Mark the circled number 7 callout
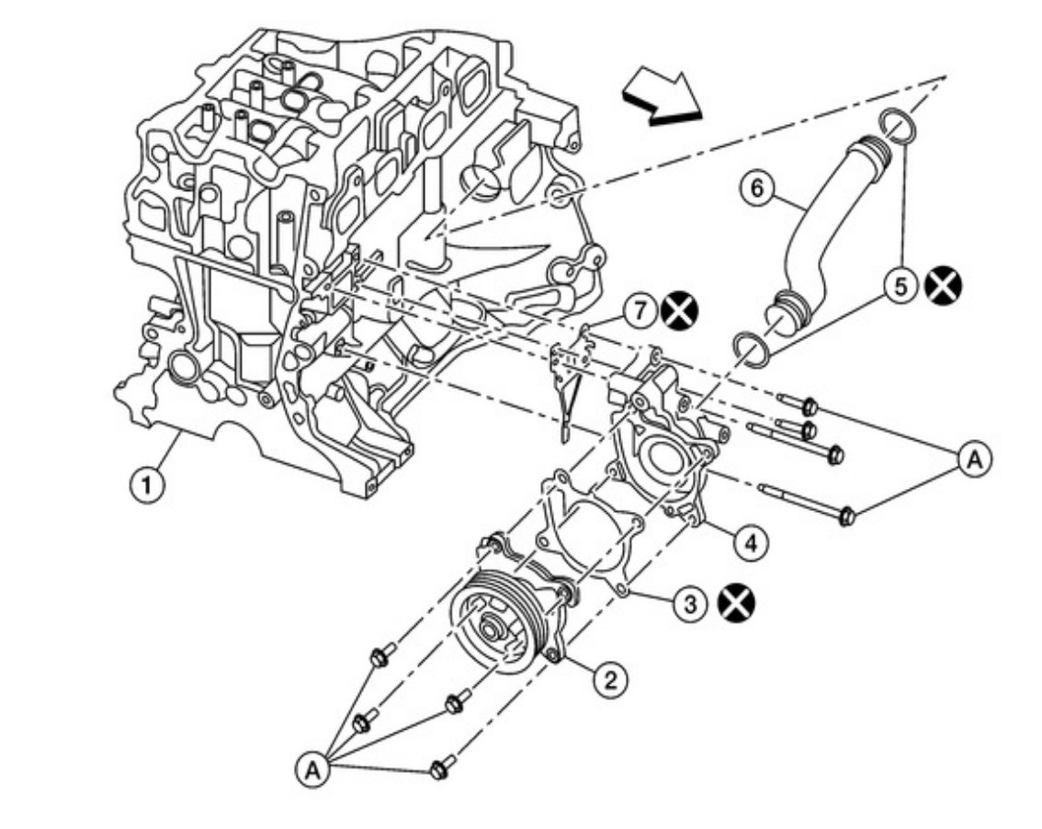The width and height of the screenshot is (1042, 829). point(641,312)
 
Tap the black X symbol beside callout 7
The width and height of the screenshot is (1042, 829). point(680,312)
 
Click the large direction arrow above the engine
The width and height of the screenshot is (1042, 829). point(660,97)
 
